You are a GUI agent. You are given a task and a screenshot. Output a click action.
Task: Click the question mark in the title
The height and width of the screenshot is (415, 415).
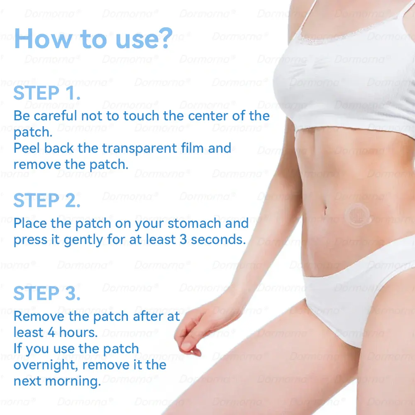tap(167, 38)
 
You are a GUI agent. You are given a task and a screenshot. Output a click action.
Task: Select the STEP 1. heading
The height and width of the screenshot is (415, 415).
tap(47, 93)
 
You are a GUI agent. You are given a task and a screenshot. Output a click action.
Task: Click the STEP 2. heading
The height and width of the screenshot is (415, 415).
tap(47, 200)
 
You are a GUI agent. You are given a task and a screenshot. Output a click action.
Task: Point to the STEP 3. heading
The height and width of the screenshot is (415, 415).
tap(47, 293)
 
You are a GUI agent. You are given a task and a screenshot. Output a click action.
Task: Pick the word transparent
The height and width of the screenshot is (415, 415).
tap(139, 149)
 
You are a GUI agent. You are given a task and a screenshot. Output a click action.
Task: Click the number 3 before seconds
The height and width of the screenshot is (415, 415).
tap(183, 239)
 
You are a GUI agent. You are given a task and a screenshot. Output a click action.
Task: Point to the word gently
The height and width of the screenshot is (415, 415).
tap(83, 240)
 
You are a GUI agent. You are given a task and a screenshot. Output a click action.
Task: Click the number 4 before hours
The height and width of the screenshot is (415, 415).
tap(51, 332)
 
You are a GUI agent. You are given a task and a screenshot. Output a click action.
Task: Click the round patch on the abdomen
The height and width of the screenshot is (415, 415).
tap(358, 215)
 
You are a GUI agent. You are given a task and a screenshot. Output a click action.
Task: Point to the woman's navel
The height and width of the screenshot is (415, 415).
tap(325, 210)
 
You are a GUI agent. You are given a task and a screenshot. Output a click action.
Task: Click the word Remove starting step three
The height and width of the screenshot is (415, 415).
tap(39, 316)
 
